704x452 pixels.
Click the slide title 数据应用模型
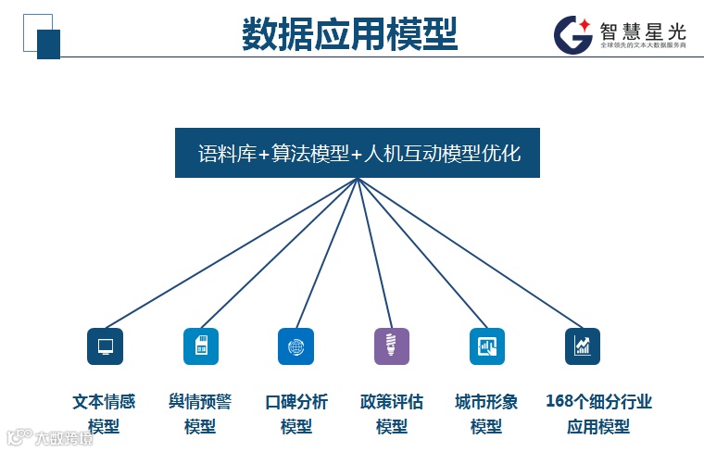pos(349,34)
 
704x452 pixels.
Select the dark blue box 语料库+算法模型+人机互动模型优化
pos(358,153)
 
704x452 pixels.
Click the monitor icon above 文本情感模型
pos(105,346)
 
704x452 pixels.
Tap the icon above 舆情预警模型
pos(200,346)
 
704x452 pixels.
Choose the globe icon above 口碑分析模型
pos(295,346)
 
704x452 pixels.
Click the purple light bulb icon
pos(391,346)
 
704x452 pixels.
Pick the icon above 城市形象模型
pos(486,346)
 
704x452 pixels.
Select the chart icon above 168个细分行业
pos(583,346)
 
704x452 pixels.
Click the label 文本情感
pos(104,402)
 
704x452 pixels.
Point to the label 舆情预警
pos(200,402)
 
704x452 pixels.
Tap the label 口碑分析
pos(296,402)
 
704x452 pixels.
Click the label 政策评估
pos(392,402)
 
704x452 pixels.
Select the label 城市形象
pos(486,402)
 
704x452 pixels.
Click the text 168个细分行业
pos(598,402)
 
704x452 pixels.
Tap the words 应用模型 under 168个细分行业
pos(598,427)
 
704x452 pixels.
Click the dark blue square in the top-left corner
pos(48,44)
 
